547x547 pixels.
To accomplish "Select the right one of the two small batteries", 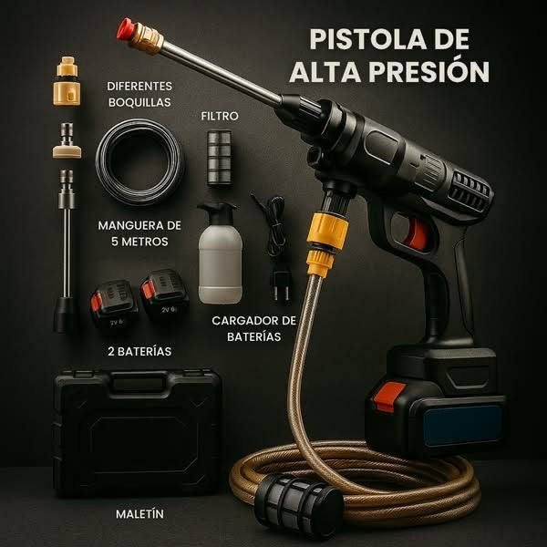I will [x=165, y=297].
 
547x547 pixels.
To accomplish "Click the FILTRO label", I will [x=220, y=117].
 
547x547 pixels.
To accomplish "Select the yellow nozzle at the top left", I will [x=66, y=79].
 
